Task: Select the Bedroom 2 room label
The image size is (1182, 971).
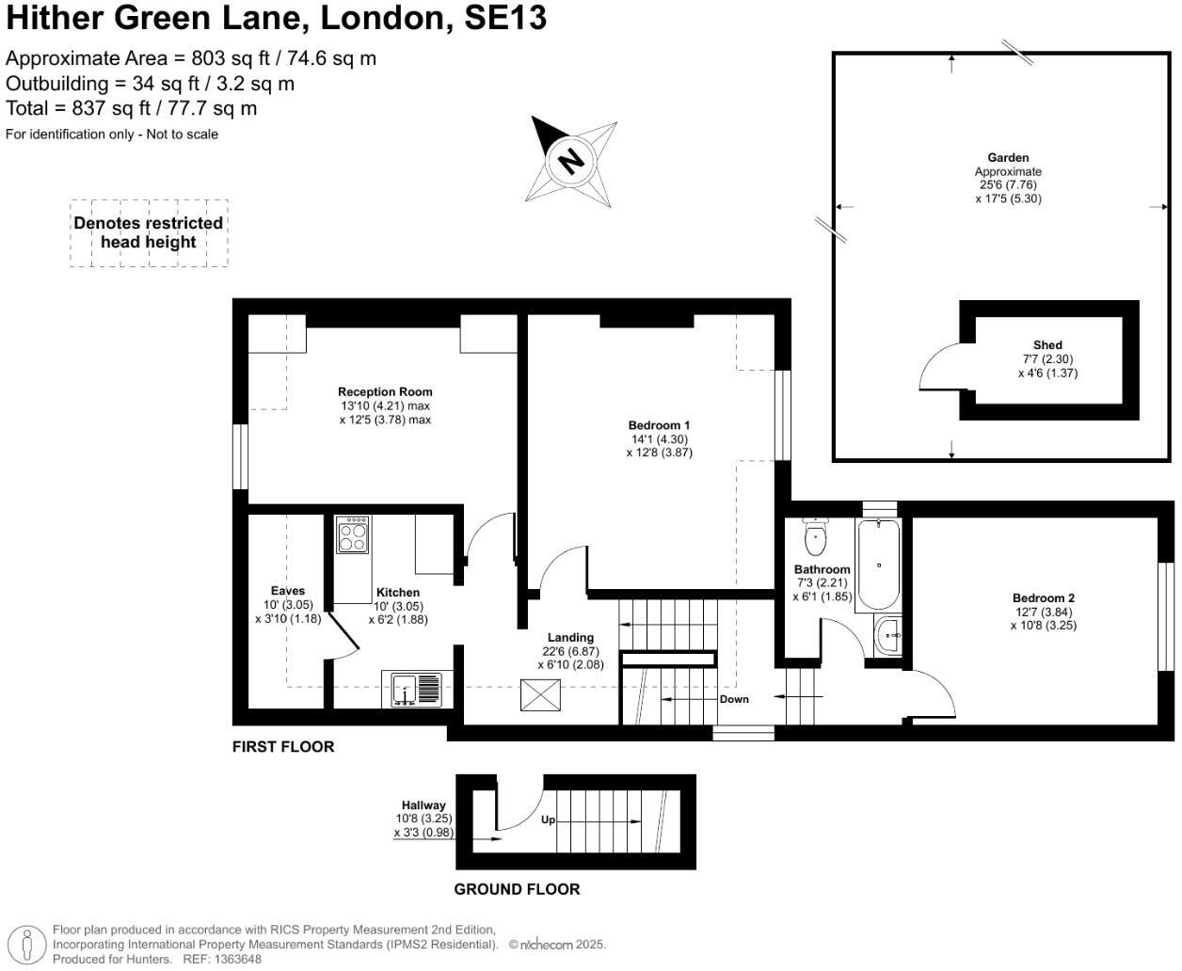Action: pos(1043,598)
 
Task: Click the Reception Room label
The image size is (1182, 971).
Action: pos(385,392)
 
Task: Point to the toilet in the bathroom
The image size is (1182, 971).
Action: pos(815,538)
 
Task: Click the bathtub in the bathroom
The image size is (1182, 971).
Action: pos(878,565)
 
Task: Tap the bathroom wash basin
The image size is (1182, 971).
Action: pos(888,637)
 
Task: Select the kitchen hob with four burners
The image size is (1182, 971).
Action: pos(353,534)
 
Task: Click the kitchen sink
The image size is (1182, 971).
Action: pos(412,690)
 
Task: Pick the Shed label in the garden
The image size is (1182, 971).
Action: pos(1047,345)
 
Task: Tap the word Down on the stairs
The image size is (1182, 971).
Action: pos(734,699)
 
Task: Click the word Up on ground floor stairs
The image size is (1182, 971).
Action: pos(548,820)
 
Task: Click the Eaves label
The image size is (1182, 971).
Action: pos(288,591)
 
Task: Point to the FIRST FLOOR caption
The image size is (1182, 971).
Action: pos(283,747)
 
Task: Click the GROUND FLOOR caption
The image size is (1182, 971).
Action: pos(517,889)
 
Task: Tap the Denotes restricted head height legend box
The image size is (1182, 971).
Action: pos(149,232)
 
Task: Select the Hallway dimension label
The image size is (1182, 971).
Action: pos(423,819)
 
